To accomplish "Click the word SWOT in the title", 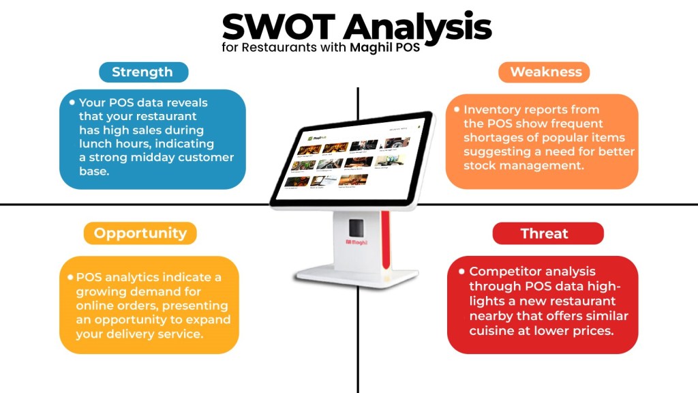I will pyautogui.click(x=279, y=27).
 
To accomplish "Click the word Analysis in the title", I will pyautogui.click(x=417, y=27).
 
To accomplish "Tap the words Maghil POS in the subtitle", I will pyautogui.click(x=384, y=48).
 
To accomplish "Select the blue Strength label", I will pyautogui.click(x=142, y=72).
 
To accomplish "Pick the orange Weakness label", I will pyautogui.click(x=545, y=72).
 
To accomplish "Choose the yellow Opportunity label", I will pyautogui.click(x=140, y=233).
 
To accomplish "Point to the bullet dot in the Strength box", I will pyautogui.click(x=72, y=102).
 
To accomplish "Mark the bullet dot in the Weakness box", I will pyautogui.click(x=457, y=109).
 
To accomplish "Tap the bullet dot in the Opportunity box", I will pyautogui.click(x=70, y=278).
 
